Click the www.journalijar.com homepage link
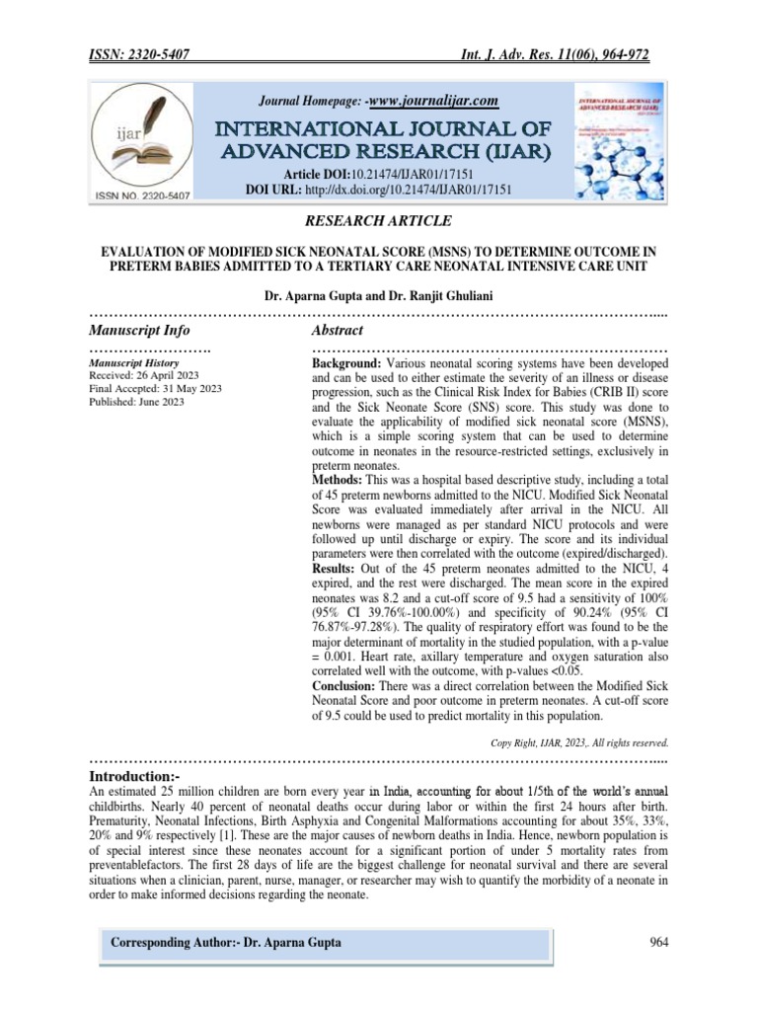434,100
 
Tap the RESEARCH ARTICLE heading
379,219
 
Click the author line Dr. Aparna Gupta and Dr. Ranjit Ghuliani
379,295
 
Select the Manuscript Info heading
139,330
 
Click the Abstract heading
337,330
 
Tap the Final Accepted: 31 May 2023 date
155,389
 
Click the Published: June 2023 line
136,402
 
